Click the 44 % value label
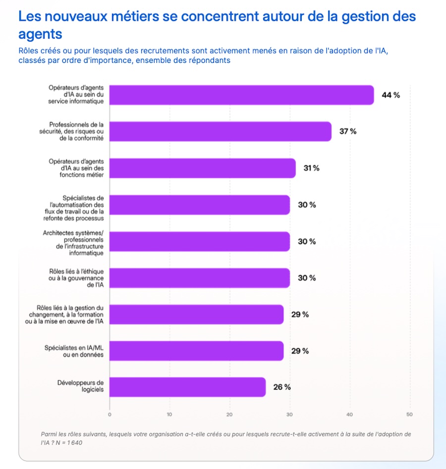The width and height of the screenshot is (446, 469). tap(390, 95)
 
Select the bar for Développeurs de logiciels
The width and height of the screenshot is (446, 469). tap(187, 387)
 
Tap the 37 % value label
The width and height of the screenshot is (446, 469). tap(348, 131)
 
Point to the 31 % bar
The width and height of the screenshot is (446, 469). tap(203, 168)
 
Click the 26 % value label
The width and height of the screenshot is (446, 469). tap(282, 387)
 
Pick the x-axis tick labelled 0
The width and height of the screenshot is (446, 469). tap(110, 415)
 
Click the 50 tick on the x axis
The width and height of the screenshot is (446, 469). tap(409, 415)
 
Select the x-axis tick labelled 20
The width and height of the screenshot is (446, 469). tap(229, 415)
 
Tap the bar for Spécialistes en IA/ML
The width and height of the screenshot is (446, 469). tap(196, 351)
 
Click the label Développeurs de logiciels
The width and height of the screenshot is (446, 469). tap(80, 386)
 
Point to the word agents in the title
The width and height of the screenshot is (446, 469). tap(41, 34)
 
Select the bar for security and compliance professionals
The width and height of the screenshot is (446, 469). tap(221, 131)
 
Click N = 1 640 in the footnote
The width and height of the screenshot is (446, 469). tap(69, 443)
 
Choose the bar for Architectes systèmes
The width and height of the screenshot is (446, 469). tap(200, 241)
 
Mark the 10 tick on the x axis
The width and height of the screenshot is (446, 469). tap(169, 415)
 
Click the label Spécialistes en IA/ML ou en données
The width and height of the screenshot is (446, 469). tap(74, 351)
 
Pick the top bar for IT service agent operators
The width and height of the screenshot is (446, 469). tap(242, 95)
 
